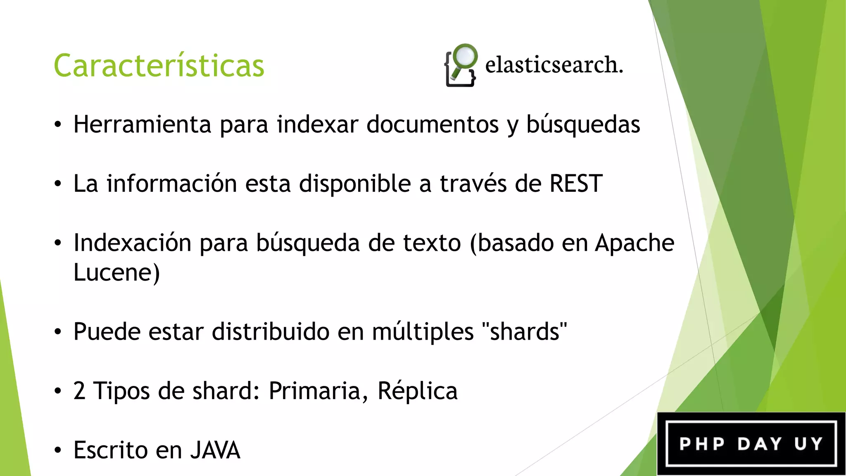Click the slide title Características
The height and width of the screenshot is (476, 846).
pyautogui.click(x=159, y=66)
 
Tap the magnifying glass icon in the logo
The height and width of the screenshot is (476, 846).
pyautogui.click(x=464, y=58)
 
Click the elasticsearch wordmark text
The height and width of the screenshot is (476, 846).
pyautogui.click(x=554, y=65)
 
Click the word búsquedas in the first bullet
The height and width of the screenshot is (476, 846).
pyautogui.click(x=583, y=125)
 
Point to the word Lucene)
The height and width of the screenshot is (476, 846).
pyautogui.click(x=116, y=273)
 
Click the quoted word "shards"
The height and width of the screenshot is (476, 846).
pyautogui.click(x=524, y=331)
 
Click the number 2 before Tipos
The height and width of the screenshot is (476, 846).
pyautogui.click(x=79, y=390)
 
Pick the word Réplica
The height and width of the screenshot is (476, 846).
pyautogui.click(x=418, y=390)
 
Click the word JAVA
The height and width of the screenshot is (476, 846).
pyautogui.click(x=215, y=450)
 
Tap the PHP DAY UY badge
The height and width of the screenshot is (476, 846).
pyautogui.click(x=751, y=444)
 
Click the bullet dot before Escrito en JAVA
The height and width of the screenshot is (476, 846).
pyautogui.click(x=58, y=450)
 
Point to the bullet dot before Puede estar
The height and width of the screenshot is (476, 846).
pyautogui.click(x=58, y=331)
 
